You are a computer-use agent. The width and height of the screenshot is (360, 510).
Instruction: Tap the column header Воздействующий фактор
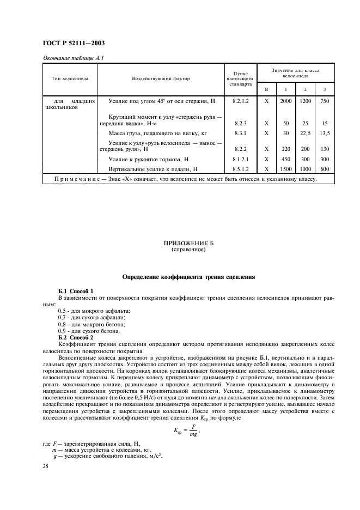[x=161, y=78]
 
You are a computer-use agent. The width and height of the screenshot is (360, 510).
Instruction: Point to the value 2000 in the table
[x=285, y=101]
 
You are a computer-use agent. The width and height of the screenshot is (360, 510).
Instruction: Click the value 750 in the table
[x=325, y=101]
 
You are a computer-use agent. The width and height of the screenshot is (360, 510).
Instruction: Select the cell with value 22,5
[x=306, y=132]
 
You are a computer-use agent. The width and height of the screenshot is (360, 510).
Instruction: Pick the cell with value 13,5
[x=325, y=132]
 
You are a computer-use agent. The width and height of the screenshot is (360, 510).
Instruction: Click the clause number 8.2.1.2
[x=240, y=101]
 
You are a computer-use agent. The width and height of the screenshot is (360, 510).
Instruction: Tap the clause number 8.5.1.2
[x=240, y=169]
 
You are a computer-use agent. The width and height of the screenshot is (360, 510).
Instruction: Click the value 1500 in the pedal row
[x=285, y=169]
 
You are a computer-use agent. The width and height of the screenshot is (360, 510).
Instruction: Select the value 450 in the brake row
[x=285, y=159]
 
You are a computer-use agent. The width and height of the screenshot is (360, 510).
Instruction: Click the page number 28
[x=46, y=466]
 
